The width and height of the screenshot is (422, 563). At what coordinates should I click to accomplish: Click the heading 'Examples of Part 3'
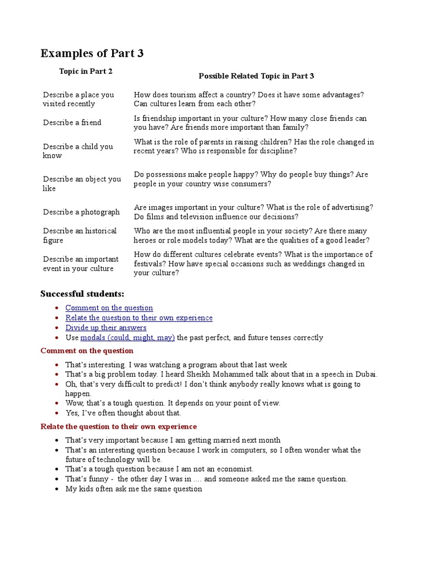92,53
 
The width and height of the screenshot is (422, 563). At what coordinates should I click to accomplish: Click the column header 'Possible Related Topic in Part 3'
256,76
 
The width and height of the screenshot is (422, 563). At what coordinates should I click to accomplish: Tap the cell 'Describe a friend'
72,123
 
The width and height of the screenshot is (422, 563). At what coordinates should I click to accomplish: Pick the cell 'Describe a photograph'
81,212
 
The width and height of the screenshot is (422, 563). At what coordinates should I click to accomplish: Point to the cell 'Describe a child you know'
78,151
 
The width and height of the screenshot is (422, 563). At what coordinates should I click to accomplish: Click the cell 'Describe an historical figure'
80,235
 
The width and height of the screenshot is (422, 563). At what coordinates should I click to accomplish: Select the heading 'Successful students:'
82,294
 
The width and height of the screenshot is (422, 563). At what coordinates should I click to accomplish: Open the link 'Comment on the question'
109,308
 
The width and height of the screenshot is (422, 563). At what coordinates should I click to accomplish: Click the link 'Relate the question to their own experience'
138,318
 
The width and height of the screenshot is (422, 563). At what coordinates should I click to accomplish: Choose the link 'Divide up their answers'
105,328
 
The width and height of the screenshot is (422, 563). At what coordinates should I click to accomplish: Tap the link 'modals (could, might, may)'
127,338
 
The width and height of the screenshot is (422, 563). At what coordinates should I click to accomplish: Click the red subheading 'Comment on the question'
87,351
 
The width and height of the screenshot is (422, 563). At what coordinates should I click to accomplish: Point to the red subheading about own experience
118,427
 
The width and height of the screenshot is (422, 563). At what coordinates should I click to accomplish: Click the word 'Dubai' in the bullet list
366,374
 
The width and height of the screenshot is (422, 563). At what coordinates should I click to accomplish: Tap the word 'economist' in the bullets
235,469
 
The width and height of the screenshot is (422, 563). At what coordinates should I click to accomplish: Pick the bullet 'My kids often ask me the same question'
134,489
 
